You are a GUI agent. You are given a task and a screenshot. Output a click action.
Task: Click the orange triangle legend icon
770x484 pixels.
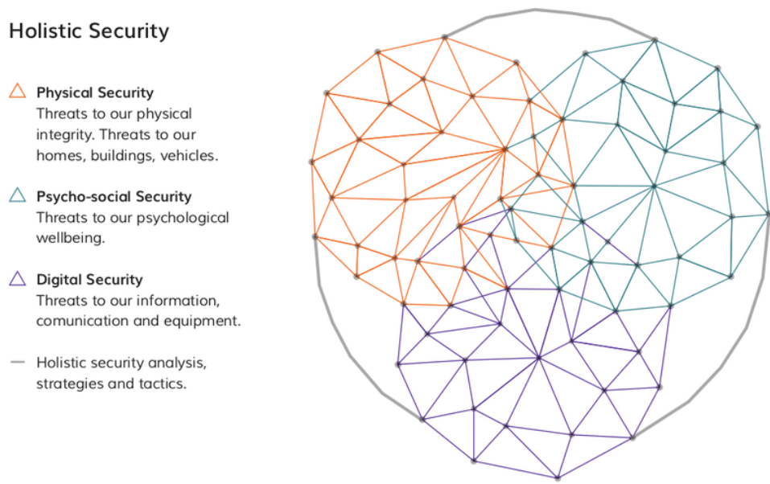[x=18, y=91]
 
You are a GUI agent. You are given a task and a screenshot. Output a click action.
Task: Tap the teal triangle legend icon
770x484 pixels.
[x=18, y=195]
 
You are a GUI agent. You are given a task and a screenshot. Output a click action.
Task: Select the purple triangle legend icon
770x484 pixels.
[x=18, y=279]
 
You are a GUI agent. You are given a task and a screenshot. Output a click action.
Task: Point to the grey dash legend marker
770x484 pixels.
[x=18, y=363]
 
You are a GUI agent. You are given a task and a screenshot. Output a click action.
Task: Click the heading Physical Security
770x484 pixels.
[x=95, y=92]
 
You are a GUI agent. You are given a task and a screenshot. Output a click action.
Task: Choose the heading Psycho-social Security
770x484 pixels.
[x=114, y=196]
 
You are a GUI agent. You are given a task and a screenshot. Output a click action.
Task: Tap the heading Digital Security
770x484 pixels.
[x=89, y=280]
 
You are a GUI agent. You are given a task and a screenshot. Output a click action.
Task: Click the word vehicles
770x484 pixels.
[x=190, y=156]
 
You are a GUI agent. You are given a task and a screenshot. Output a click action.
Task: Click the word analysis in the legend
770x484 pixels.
[x=179, y=363]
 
